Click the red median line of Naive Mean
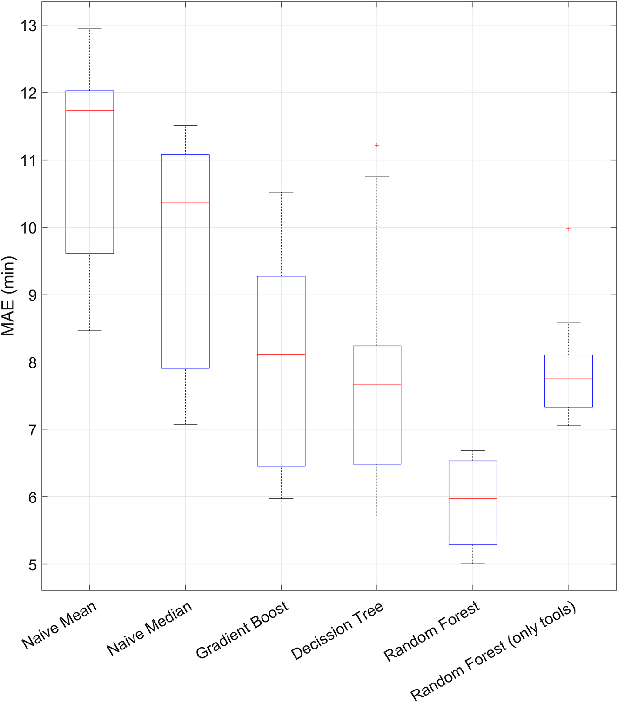pos(89,110)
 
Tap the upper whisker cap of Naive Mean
pos(89,28)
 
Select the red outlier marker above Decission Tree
pos(377,145)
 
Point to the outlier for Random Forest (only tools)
pos(568,229)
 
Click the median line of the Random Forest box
pos(472,498)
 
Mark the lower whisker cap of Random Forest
pos(472,564)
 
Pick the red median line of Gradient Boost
pos(281,354)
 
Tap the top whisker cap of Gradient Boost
pos(281,192)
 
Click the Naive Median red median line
pos(185,203)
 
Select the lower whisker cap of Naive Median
pos(185,424)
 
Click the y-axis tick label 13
pos(28,26)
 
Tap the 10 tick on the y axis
pos(28,228)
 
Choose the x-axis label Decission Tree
pos(337,630)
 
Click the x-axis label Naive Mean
pos(59,625)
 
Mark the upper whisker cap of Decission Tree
pos(377,176)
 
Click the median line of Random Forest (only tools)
pos(568,379)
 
